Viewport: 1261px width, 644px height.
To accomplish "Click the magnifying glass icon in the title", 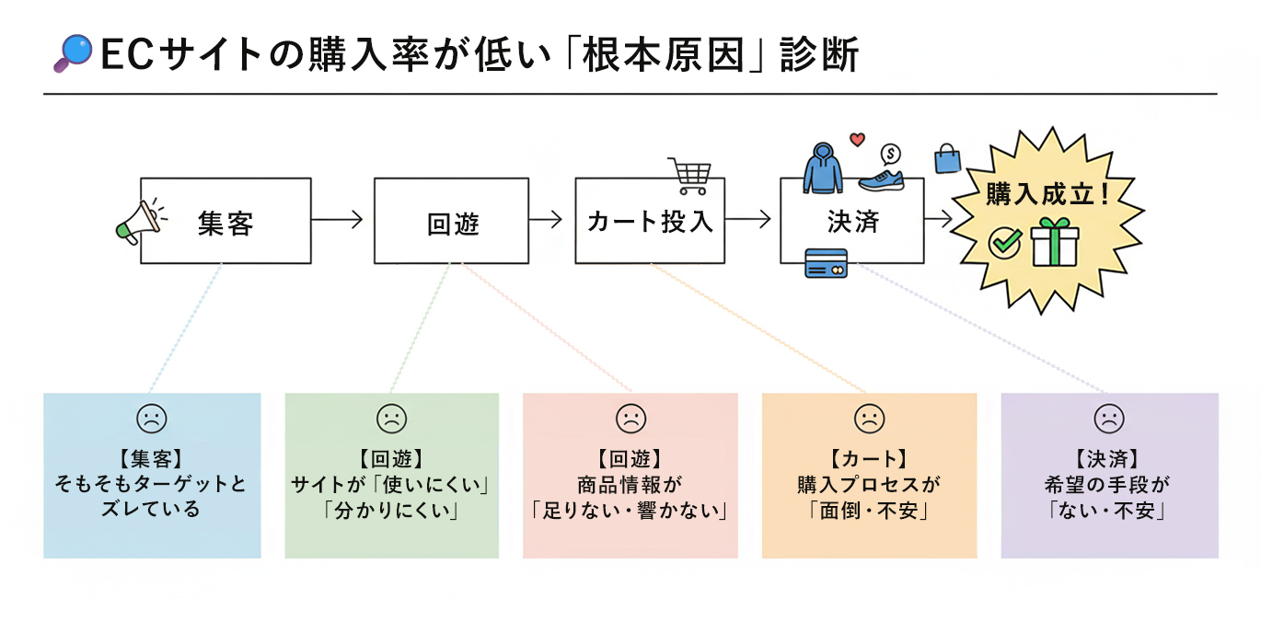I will click(74, 53).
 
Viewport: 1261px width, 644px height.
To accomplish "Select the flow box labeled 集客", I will click(226, 221).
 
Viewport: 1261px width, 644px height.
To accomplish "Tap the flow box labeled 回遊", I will click(451, 221).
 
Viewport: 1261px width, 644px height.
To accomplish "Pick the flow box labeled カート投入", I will click(650, 221).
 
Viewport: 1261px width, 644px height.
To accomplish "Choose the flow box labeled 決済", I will click(851, 221).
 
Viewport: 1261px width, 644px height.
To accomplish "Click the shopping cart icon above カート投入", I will click(689, 175).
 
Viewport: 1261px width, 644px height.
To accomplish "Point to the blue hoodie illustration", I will click(822, 167).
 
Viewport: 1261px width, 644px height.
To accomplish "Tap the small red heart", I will click(858, 141).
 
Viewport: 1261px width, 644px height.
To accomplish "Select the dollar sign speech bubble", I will click(890, 154).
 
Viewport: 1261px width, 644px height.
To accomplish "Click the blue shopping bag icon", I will click(947, 158).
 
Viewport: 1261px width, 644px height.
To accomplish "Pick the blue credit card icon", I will click(826, 263).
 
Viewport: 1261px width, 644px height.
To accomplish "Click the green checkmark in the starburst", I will click(1005, 243).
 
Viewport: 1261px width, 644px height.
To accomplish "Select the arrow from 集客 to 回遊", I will click(337, 220).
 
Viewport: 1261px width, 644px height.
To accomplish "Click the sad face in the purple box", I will click(1108, 420).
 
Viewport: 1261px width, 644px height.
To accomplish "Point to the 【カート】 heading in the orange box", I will click(868, 457).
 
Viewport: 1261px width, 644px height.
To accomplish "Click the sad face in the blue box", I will click(151, 420).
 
